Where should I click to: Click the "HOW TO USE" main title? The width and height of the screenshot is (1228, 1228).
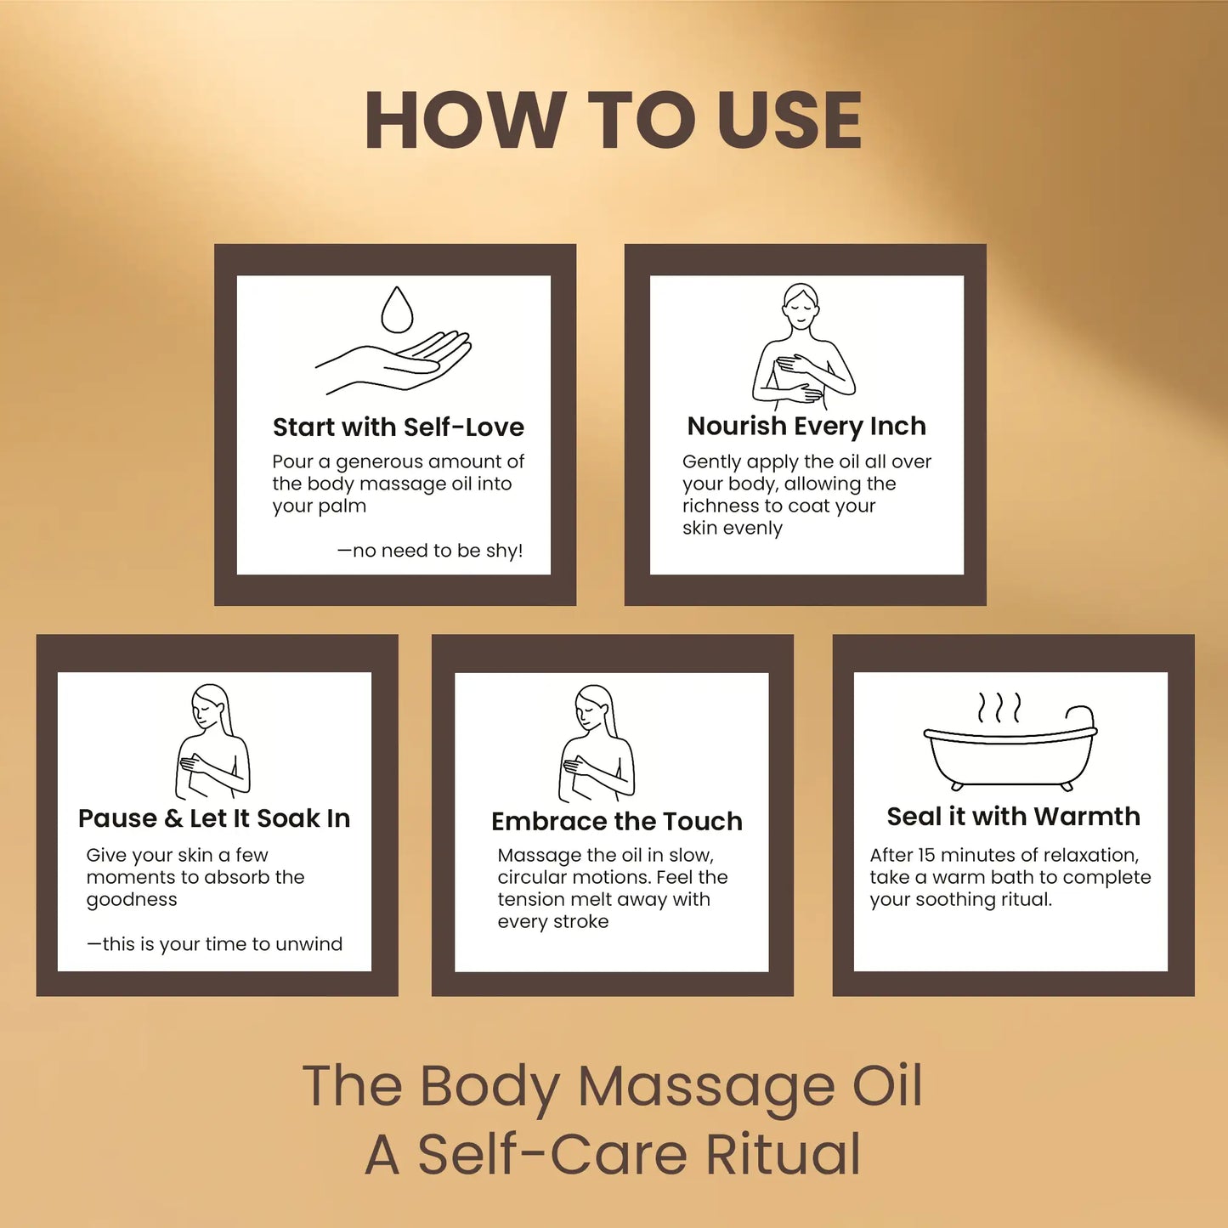click(x=614, y=121)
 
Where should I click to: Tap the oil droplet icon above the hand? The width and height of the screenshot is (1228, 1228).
click(x=397, y=310)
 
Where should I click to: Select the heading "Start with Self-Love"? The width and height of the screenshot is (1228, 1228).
click(x=398, y=427)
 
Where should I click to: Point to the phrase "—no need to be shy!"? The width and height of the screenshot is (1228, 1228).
click(x=430, y=551)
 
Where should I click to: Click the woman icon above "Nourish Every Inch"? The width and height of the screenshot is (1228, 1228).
click(x=802, y=344)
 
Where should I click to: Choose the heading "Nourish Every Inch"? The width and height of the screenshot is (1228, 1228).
click(x=806, y=426)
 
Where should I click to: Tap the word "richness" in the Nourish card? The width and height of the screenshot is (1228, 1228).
click(x=717, y=506)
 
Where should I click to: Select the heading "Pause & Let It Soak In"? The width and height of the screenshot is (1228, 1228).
click(x=214, y=818)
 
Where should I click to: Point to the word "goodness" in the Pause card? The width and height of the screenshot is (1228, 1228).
click(x=132, y=900)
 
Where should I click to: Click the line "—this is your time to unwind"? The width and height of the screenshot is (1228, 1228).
click(x=215, y=944)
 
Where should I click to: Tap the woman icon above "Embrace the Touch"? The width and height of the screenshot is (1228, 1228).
click(x=597, y=743)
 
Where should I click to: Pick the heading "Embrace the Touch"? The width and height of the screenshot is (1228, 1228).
click(x=616, y=822)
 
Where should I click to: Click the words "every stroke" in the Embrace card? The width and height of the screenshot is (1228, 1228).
click(x=553, y=922)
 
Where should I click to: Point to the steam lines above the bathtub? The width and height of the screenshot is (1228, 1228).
click(x=999, y=707)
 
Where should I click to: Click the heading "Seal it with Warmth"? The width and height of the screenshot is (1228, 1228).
click(x=1013, y=817)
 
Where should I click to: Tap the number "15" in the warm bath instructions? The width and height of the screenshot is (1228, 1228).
click(x=926, y=856)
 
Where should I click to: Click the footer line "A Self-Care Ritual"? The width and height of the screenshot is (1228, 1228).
click(x=613, y=1154)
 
